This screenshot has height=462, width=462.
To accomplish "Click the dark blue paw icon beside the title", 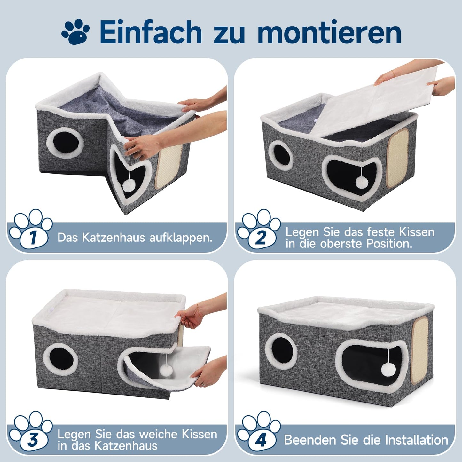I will (75, 32).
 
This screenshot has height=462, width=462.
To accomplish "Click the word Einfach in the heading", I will (151, 32).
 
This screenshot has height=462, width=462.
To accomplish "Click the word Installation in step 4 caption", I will (416, 440).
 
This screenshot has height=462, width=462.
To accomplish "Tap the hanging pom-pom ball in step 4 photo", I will (388, 370).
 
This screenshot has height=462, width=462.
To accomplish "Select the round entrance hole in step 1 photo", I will (65, 142).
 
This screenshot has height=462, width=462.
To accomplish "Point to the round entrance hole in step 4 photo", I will (281, 350).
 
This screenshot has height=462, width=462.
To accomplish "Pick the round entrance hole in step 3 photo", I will (60, 359).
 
